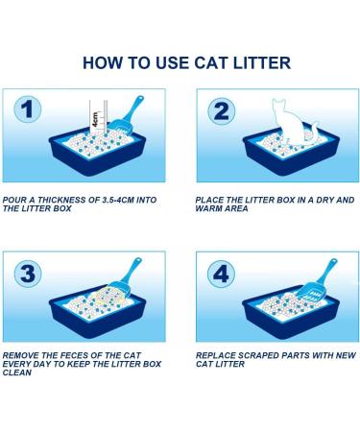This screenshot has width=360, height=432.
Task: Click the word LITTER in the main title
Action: click(x=262, y=62)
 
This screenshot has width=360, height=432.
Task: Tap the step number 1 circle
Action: click(x=28, y=109)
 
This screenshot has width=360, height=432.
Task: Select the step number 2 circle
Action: click(x=221, y=111)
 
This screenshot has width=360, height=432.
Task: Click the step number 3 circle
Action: click(x=28, y=274)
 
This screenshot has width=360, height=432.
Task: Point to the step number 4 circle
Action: click(x=221, y=274)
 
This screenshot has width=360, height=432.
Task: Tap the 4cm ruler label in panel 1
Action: click(x=95, y=119)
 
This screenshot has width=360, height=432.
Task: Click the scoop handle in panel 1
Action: click(x=133, y=108)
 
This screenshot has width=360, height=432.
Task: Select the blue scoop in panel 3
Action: click(x=128, y=277)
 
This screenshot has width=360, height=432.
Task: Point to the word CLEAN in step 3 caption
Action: click(x=17, y=372)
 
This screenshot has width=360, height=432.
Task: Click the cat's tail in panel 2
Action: click(x=314, y=132)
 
